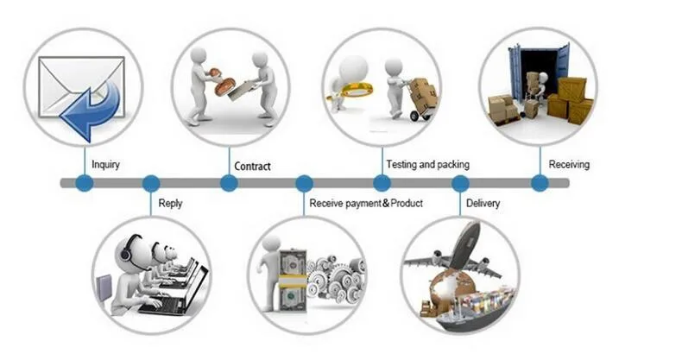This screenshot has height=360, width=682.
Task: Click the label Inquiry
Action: pyautogui.click(x=105, y=164)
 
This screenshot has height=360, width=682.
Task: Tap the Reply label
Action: pyautogui.click(x=170, y=204)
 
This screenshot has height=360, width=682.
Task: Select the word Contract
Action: pyautogui.click(x=252, y=166)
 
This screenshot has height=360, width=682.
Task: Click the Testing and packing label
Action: pyautogui.click(x=427, y=163)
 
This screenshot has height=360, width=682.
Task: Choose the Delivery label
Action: pyautogui.click(x=483, y=204)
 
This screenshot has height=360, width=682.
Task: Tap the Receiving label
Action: pyautogui.click(x=569, y=164)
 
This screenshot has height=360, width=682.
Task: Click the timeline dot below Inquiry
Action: pyautogui.click(x=84, y=183)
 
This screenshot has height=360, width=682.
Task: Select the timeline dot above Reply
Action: pyautogui.click(x=151, y=183)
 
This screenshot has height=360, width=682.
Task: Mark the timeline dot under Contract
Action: pyautogui.click(x=229, y=183)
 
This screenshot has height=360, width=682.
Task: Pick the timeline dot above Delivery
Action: pyautogui.click(x=460, y=183)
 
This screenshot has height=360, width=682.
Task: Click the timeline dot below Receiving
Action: pyautogui.click(x=540, y=183)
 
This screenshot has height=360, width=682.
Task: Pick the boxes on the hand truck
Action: pyautogui.click(x=423, y=92)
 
